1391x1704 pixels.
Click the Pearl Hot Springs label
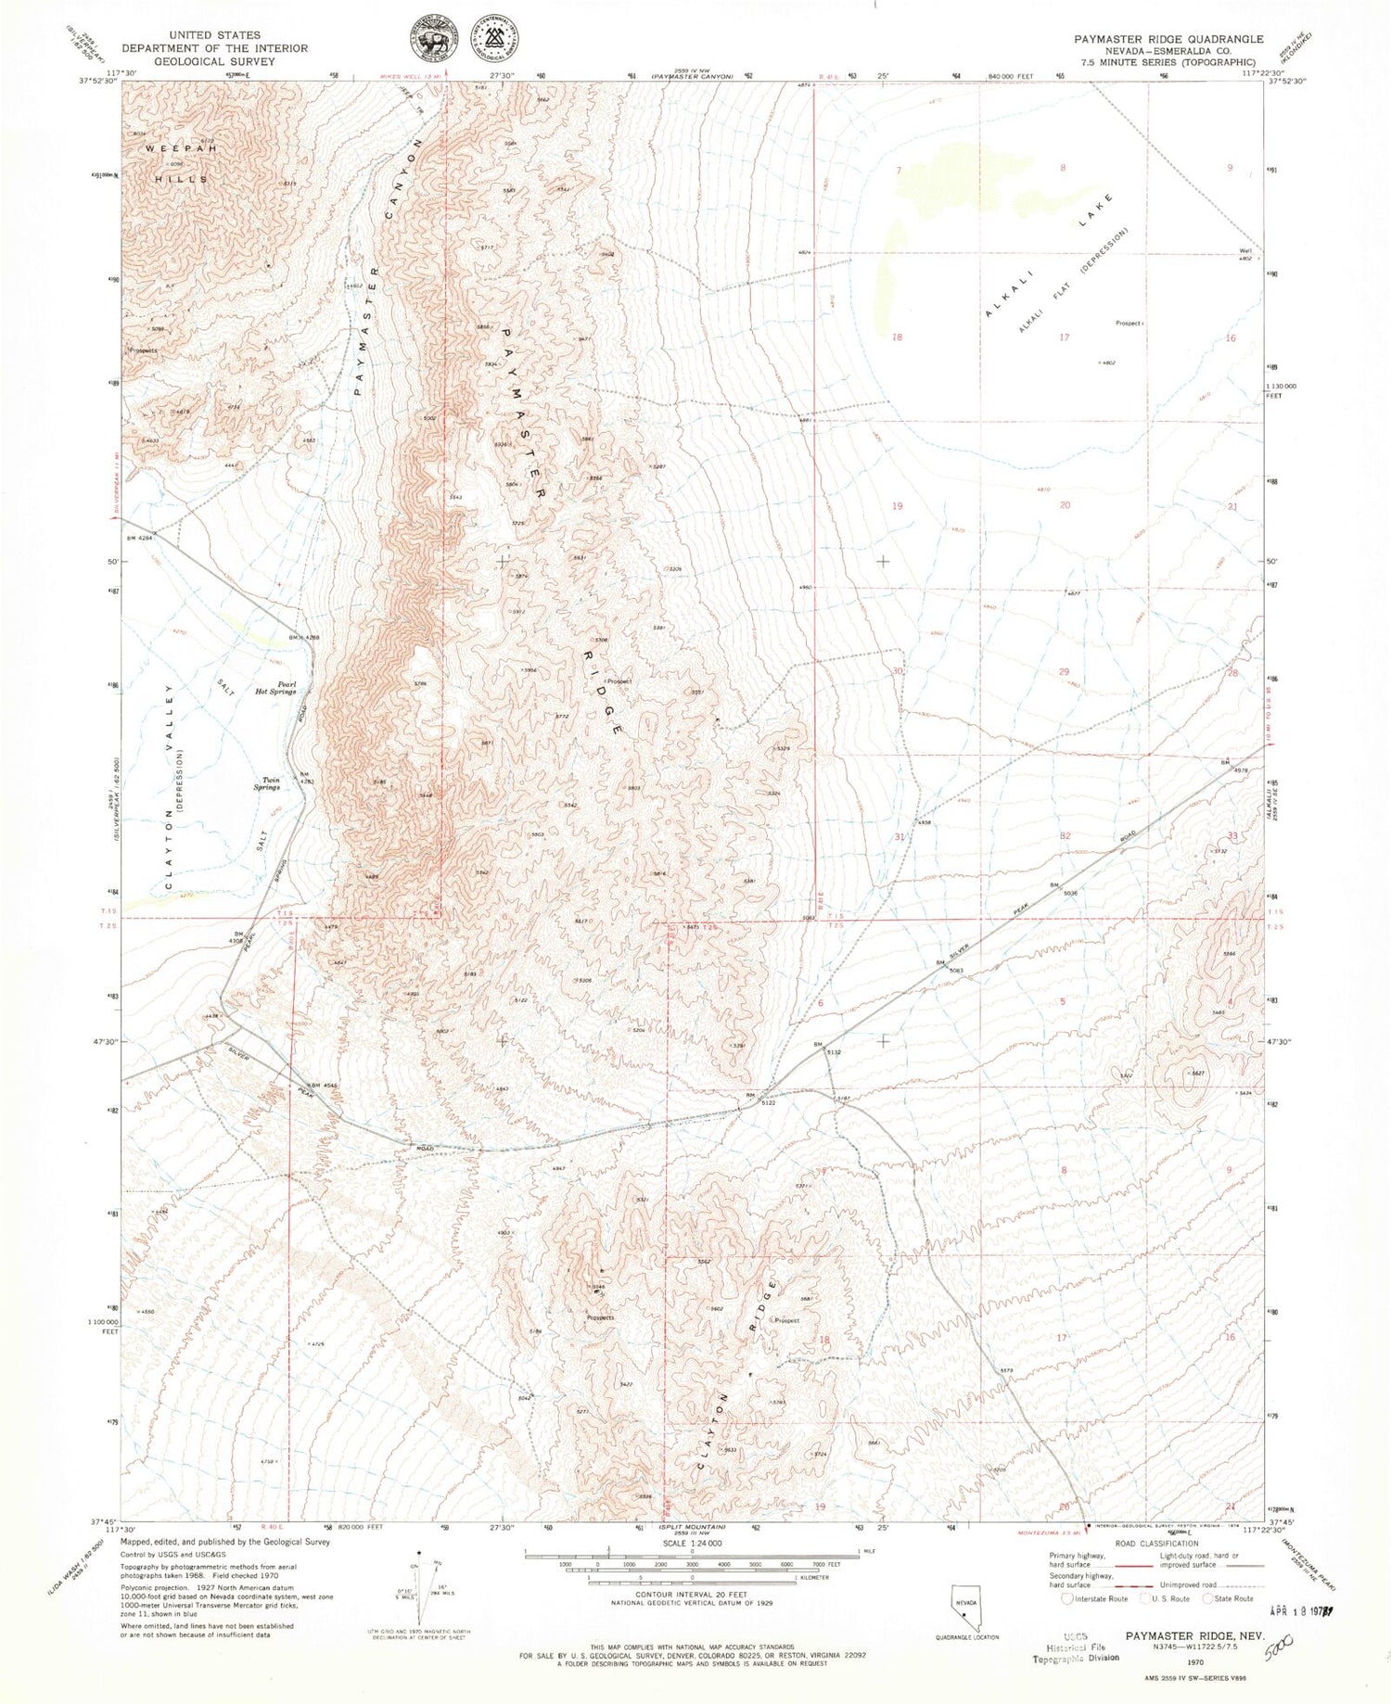coord(275,687)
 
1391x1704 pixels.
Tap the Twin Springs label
coord(270,783)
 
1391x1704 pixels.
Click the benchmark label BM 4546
coord(324,1085)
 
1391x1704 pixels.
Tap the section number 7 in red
coord(899,171)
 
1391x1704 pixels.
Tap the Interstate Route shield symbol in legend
coord(1067,1597)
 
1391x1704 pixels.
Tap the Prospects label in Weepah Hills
coord(144,351)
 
